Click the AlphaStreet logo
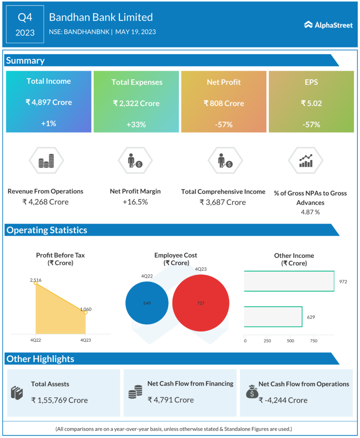tap(328, 25)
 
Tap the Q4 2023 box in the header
tap(25, 24)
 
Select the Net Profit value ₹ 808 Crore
tap(224, 103)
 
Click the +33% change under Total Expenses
tap(136, 124)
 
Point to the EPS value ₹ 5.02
tap(311, 103)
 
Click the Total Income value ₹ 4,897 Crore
tap(48, 102)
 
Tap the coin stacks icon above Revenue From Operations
tap(46, 161)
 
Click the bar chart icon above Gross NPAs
tap(306, 161)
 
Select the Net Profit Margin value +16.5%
tap(135, 201)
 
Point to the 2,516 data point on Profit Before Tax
tap(36, 283)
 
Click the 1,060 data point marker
tap(86, 313)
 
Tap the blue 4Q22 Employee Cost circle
tap(147, 303)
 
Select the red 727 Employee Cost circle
tap(201, 303)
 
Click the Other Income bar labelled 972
tap(289, 281)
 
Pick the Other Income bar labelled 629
tap(273, 317)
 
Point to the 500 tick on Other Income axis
tap(291, 341)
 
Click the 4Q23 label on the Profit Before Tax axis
tap(86, 340)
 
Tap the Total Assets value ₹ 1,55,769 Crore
tap(60, 400)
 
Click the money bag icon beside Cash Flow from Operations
tap(252, 391)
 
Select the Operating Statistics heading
tap(47, 230)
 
